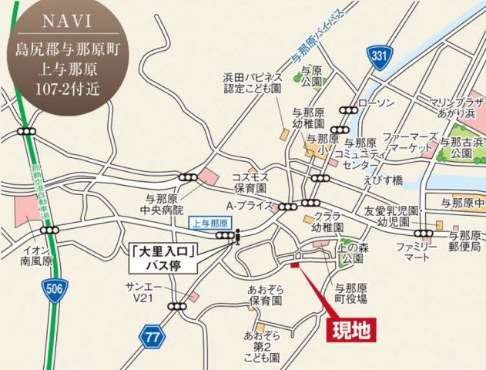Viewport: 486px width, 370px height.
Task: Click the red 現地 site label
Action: click(351, 330)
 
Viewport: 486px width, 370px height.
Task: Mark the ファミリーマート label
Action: click(417, 253)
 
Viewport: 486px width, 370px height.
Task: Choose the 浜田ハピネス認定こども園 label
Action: click(253, 84)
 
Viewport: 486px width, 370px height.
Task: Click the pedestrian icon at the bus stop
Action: click(238, 237)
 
